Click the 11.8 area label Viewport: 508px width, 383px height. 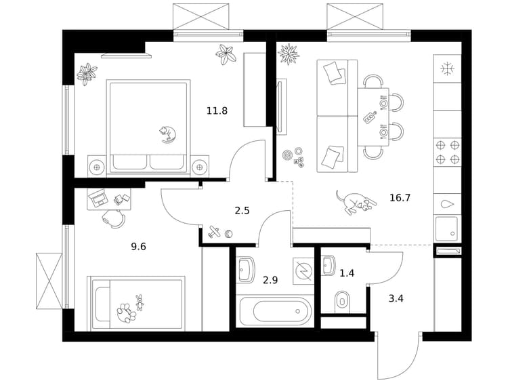point(217,111)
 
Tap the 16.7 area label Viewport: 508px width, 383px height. point(400,197)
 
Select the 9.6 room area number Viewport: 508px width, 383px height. point(138,247)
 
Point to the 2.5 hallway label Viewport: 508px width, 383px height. point(242,211)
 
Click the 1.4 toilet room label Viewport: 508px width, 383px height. point(347,273)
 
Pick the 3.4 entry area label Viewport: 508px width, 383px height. point(396,298)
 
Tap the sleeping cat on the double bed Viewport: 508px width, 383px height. point(167,134)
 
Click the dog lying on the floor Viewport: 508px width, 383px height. point(356,203)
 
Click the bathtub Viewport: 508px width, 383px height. point(275,311)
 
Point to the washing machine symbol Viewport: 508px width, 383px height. point(303,270)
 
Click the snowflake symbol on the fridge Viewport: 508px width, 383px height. point(448,68)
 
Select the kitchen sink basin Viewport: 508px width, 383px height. point(447,228)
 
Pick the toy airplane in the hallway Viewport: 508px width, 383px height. point(213,232)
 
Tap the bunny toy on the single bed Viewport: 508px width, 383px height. point(140,302)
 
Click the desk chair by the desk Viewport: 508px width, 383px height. point(113,218)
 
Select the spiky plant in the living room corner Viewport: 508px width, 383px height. point(288,54)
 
